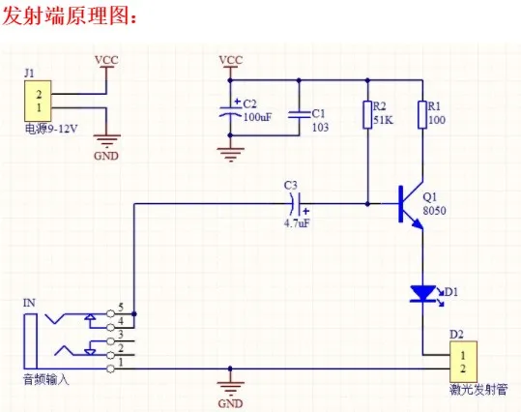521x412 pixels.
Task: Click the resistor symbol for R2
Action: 367,115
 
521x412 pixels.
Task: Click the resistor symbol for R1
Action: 422,115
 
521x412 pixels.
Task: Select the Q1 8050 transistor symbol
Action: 411,204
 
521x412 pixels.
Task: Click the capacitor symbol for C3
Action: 298,204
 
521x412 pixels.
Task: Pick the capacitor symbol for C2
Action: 230,110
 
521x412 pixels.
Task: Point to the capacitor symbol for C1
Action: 299,115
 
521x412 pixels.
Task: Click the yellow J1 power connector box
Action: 38,101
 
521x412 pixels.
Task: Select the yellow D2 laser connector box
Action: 464,362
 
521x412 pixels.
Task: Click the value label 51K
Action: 383,120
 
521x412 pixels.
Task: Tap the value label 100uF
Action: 258,117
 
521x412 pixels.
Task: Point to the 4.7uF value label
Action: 297,223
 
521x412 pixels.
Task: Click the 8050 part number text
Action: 434,211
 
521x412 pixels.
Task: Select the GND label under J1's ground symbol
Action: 106,156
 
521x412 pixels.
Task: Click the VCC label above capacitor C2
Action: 231,60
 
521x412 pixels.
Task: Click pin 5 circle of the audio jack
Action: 110,313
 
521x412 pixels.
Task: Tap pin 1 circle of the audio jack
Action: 110,368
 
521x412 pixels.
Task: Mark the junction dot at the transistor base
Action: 367,204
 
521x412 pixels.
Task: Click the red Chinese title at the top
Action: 70,16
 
